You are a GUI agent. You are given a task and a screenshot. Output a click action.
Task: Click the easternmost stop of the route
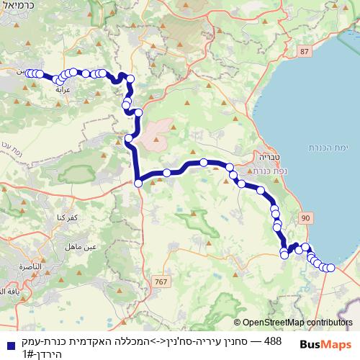[x=332, y=268]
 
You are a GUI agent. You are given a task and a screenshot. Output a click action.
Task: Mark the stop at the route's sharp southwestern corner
[x=138, y=183]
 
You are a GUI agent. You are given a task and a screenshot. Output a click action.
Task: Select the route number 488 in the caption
[x=272, y=341]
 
